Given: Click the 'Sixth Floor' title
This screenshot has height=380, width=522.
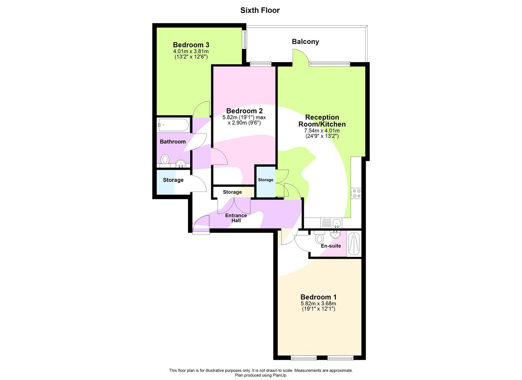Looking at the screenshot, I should pos(260,10).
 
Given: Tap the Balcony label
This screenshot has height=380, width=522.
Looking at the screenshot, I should pos(305,41).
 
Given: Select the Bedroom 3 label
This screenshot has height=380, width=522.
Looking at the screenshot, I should pos(191,45).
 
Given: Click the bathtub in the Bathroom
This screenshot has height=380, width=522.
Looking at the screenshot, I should pos(173,125).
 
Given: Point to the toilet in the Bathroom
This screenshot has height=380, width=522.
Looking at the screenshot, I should pos(165,159).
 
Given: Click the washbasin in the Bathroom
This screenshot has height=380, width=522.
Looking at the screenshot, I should pos(180,163).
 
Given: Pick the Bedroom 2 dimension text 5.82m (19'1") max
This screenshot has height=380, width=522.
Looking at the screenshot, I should pos(244,117).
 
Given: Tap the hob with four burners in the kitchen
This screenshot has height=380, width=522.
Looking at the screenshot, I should pos(356,193).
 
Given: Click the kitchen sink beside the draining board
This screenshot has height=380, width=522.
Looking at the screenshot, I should pos(336,223).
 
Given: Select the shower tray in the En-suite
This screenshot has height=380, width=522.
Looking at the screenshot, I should pos(354,244).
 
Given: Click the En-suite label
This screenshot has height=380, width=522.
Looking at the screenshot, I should pos(331,246).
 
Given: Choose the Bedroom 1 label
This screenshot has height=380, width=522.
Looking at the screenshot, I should pos(318,297).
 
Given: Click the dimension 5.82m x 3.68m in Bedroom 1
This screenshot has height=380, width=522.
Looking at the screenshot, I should pos(318,304).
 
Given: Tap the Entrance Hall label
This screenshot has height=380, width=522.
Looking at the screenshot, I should pos(236,218).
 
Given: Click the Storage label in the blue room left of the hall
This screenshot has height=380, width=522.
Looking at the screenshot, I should pos(173,180).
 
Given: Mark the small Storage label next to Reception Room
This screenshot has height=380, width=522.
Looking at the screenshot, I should pos(266,180).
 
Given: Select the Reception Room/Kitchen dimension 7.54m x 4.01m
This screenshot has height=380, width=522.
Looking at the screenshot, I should pos(322,131).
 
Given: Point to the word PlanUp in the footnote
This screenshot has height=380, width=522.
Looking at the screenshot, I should pos(279,375).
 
